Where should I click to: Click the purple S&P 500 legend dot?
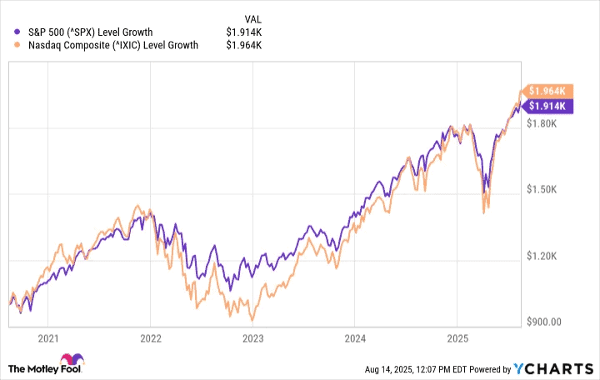(x=18, y=32)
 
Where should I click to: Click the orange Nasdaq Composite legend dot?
(x=18, y=46)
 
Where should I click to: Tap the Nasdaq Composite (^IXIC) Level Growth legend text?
(x=112, y=46)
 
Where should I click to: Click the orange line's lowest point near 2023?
(x=252, y=320)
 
